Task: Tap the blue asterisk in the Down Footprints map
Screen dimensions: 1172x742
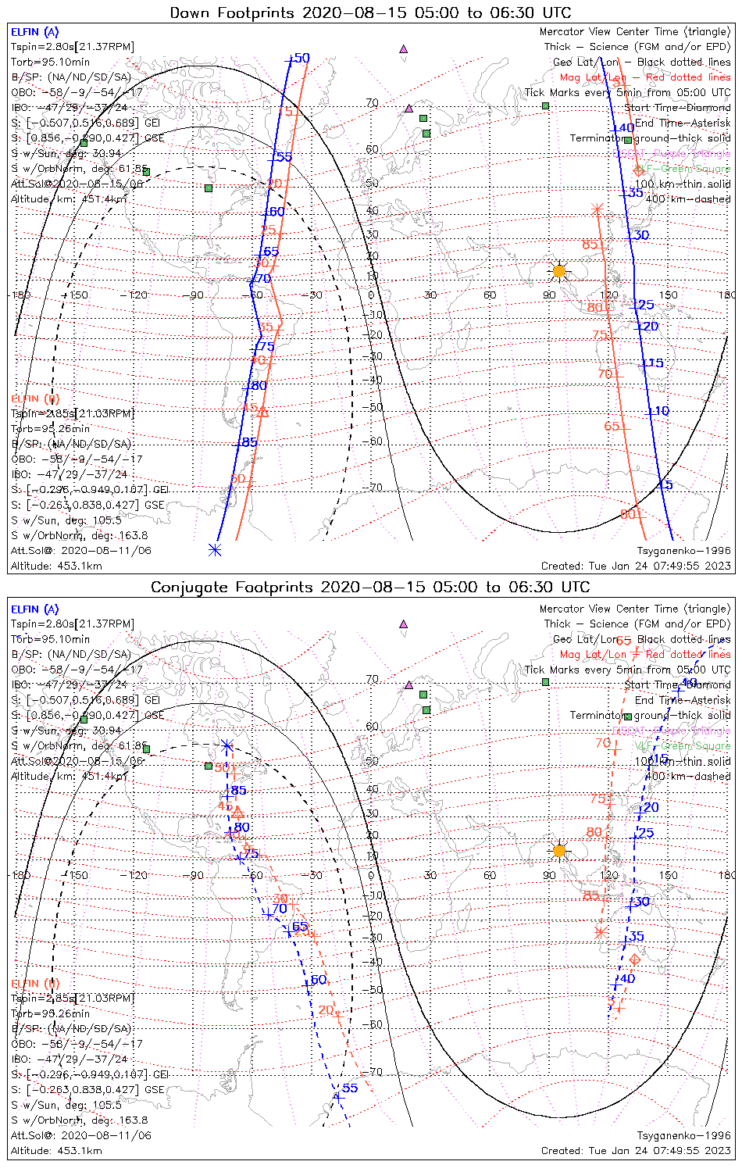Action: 215,550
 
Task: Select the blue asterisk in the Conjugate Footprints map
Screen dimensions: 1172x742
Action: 227,745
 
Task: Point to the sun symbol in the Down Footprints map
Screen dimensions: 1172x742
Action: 558,271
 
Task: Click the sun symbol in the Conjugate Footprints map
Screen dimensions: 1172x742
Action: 558,850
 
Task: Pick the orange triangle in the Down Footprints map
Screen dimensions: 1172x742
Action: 262,412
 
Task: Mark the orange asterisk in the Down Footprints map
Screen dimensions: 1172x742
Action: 597,209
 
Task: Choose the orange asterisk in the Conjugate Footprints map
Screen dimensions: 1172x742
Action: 600,931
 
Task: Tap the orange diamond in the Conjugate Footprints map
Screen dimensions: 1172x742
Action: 635,959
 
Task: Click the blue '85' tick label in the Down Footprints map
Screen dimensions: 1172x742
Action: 249,442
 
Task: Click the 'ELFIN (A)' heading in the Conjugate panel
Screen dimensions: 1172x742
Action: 34,609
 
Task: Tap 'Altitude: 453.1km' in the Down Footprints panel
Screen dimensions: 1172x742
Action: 56,566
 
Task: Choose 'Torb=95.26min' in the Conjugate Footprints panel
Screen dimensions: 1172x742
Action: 50,1013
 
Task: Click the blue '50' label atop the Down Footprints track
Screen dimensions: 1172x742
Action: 301,58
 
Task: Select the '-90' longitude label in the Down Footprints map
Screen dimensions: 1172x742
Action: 195,295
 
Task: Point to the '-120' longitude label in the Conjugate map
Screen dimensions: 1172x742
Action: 137,875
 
